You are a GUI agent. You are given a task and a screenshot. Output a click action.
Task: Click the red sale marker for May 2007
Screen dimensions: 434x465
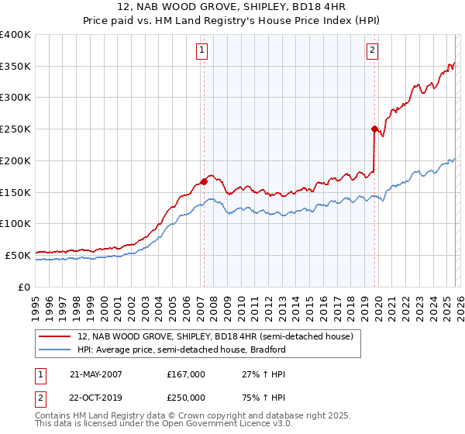[x=204, y=181]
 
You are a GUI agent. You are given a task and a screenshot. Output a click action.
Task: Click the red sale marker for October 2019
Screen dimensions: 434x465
[x=374, y=129]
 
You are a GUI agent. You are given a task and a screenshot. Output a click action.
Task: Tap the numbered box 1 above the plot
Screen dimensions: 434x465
[x=201, y=50]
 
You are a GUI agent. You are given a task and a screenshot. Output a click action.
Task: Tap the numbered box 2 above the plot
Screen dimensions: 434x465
[x=372, y=50]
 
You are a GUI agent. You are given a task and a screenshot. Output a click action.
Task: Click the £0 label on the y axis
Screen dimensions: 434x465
[x=26, y=287]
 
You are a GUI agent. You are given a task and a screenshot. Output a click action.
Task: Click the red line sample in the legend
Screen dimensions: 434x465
[x=56, y=336]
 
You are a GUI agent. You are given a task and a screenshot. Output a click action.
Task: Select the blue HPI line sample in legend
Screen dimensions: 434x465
[x=56, y=350]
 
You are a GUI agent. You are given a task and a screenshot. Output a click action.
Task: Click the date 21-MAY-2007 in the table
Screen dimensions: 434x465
[x=96, y=374]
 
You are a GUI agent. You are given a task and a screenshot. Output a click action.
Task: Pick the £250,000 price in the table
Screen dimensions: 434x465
[x=185, y=397]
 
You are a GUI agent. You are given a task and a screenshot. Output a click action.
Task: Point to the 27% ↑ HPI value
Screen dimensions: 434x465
[x=254, y=374]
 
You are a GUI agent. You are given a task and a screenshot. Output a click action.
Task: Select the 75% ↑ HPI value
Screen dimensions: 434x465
[x=254, y=397]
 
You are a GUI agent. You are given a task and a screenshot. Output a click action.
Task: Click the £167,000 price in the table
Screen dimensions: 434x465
[x=185, y=374]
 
